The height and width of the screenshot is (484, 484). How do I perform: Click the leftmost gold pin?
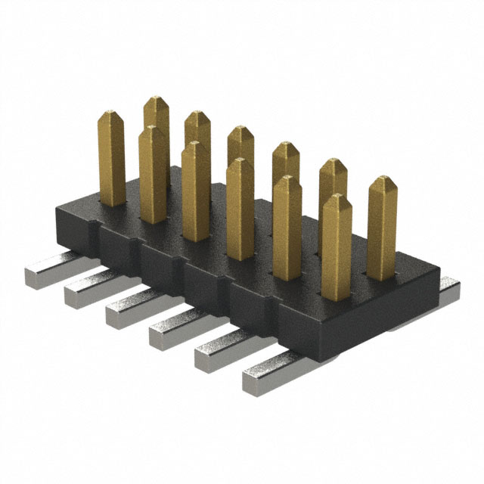pos(112,159)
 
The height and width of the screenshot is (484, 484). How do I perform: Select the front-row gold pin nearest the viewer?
pos(336,246)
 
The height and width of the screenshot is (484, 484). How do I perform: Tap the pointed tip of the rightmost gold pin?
pos(383,182)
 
